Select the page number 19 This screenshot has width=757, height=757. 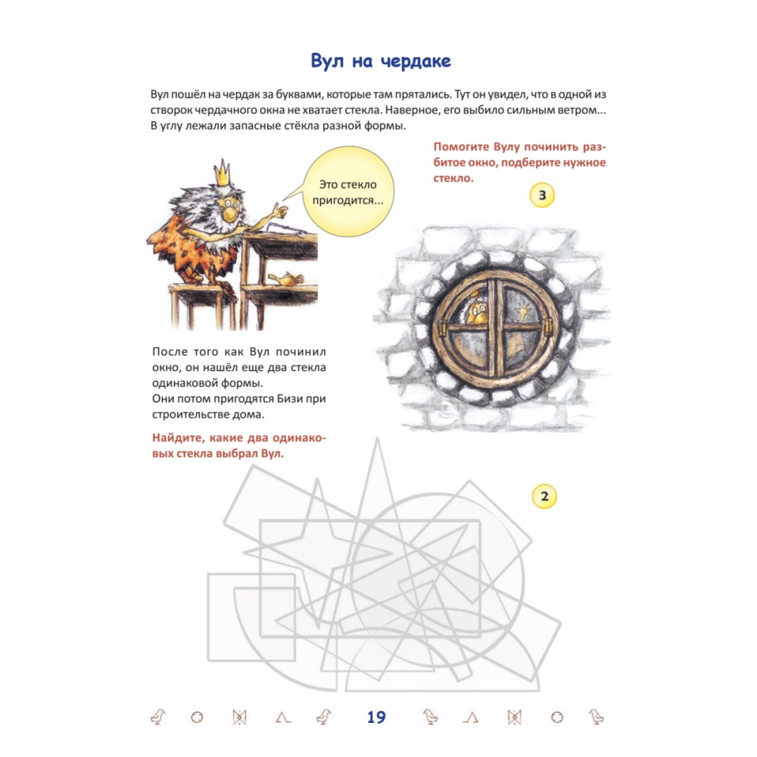pyautogui.click(x=376, y=718)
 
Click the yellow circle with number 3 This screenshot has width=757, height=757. pyautogui.click(x=542, y=195)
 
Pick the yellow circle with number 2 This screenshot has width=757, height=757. pyautogui.click(x=544, y=497)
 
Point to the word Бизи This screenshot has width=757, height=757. pyautogui.click(x=290, y=399)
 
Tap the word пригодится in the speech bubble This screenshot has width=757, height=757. pyautogui.click(x=347, y=201)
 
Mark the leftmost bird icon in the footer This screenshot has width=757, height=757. pyautogui.click(x=158, y=717)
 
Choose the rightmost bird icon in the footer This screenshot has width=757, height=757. pyautogui.click(x=597, y=717)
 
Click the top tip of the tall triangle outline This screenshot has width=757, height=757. pyautogui.click(x=377, y=438)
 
